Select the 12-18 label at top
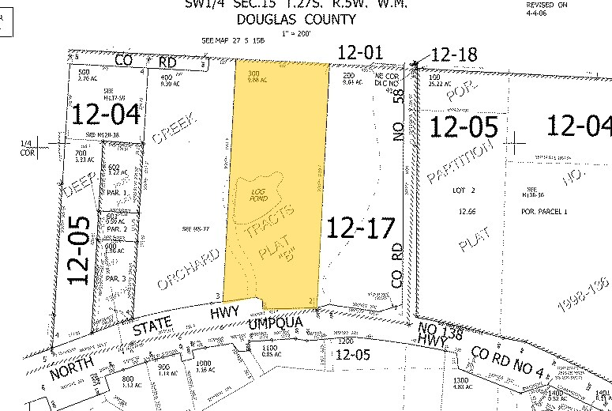click(456, 55)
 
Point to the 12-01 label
click(359, 53)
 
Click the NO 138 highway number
click(430, 333)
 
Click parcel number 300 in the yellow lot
click(254, 74)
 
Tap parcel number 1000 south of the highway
click(205, 364)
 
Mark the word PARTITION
click(463, 162)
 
